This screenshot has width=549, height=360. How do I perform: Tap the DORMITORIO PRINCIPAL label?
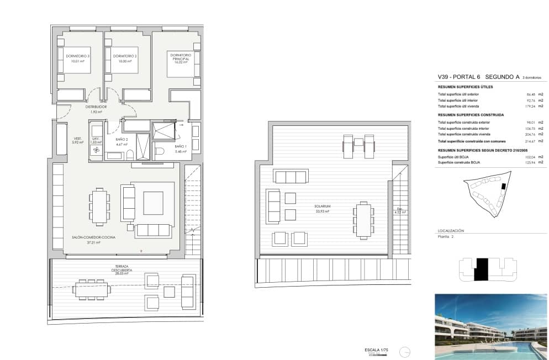tap(181, 57)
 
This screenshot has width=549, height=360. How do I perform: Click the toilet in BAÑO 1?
tap(160, 151)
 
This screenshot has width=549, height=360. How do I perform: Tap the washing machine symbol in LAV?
tap(96, 150)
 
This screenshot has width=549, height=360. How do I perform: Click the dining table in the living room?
tap(99, 207)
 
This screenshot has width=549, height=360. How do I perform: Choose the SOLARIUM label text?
tap(322, 208)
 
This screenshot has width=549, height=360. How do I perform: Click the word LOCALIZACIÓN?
tap(451, 230)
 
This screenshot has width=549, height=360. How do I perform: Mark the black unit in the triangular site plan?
tap(503, 187)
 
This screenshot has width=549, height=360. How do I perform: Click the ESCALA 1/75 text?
tap(376, 350)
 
